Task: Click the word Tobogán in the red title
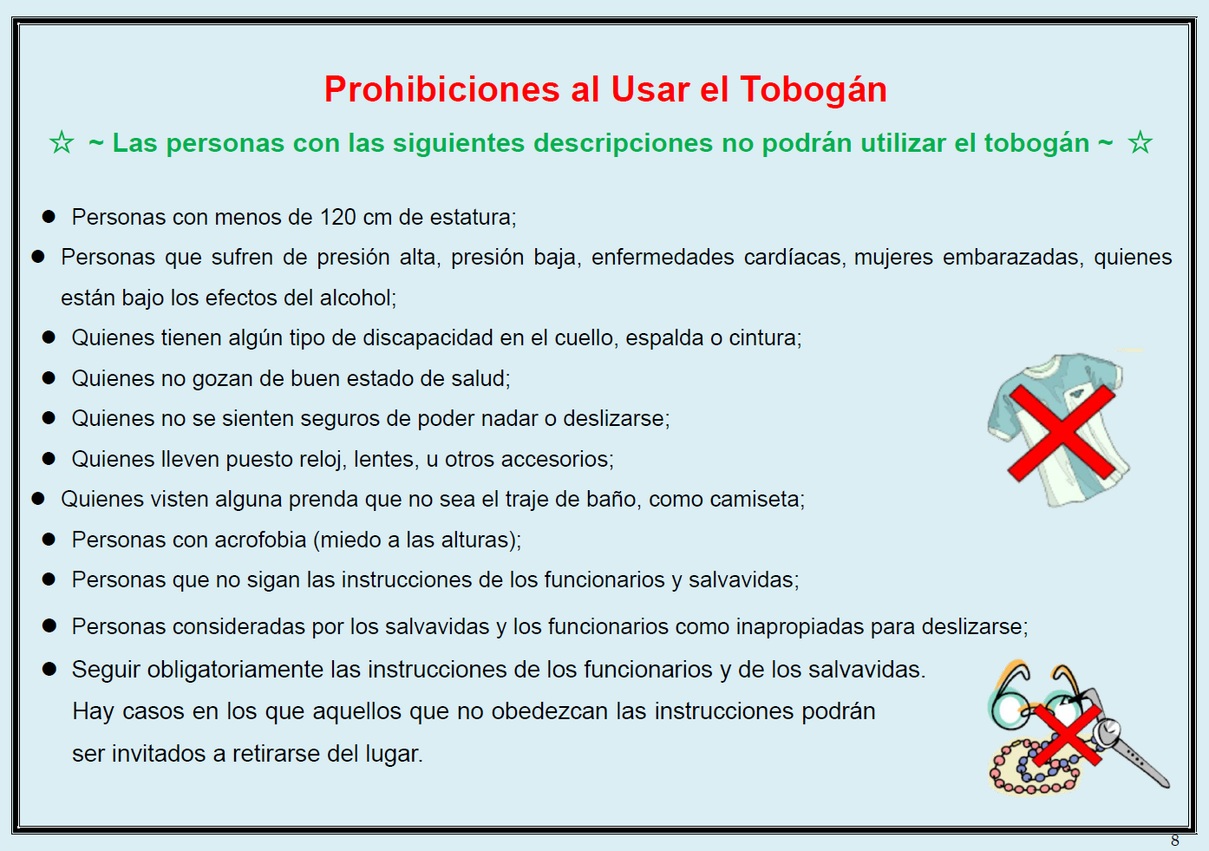coord(814,90)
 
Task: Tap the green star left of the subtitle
coord(62,143)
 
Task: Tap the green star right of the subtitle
coord(1140,143)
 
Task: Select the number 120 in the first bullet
coord(338,217)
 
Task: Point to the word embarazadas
coord(1013,257)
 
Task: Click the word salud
coord(480,378)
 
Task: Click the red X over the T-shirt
coord(1062,433)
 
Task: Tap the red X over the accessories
coord(1067,735)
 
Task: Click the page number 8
coord(1175,841)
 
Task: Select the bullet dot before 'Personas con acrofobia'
coord(49,540)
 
